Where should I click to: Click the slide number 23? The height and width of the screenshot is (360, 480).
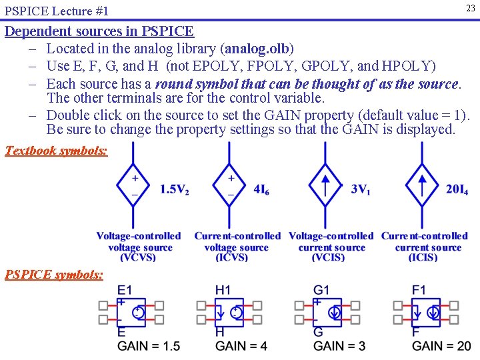pyautogui.click(x=471, y=8)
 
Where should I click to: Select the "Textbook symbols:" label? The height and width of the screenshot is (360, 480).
pyautogui.click(x=56, y=150)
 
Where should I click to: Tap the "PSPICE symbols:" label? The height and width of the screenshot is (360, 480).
pyautogui.click(x=54, y=274)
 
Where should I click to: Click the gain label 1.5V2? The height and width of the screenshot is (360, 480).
pyautogui.click(x=174, y=189)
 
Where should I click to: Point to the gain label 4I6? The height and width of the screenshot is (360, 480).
pyautogui.click(x=261, y=189)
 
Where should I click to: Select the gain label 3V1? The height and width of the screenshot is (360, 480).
pyautogui.click(x=361, y=189)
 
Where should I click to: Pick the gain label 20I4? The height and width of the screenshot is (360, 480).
pyautogui.click(x=457, y=189)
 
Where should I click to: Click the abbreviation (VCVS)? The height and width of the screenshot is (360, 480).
pyautogui.click(x=139, y=258)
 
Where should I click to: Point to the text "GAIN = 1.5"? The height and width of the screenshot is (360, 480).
pyautogui.click(x=149, y=346)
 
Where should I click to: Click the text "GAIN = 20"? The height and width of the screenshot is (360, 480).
pyautogui.click(x=441, y=346)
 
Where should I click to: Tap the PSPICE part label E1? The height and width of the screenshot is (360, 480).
pyautogui.click(x=125, y=290)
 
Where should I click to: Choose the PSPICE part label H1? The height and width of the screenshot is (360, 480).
pyautogui.click(x=223, y=290)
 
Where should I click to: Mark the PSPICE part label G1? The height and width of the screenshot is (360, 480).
pyautogui.click(x=321, y=290)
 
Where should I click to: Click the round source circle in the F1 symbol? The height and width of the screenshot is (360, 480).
pyautogui.click(x=433, y=312)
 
